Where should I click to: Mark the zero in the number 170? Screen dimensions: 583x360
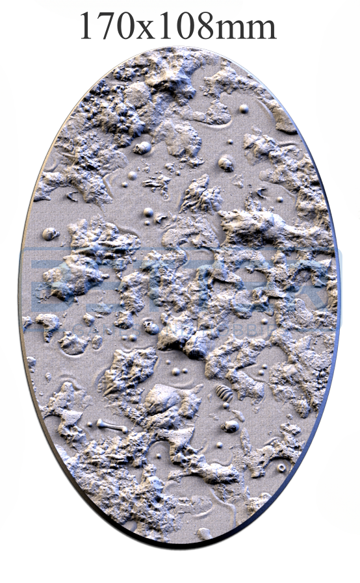[125, 27]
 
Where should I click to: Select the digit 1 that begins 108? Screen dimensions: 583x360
[164, 27]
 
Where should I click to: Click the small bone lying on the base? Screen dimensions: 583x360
[111, 426]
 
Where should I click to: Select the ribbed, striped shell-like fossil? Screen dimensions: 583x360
[224, 393]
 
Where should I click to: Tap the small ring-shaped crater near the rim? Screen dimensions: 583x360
[281, 467]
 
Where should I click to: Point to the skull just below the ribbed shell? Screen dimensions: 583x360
[231, 426]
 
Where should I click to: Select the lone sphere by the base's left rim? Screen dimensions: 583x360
[49, 233]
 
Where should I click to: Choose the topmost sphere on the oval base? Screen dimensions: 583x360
[244, 109]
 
